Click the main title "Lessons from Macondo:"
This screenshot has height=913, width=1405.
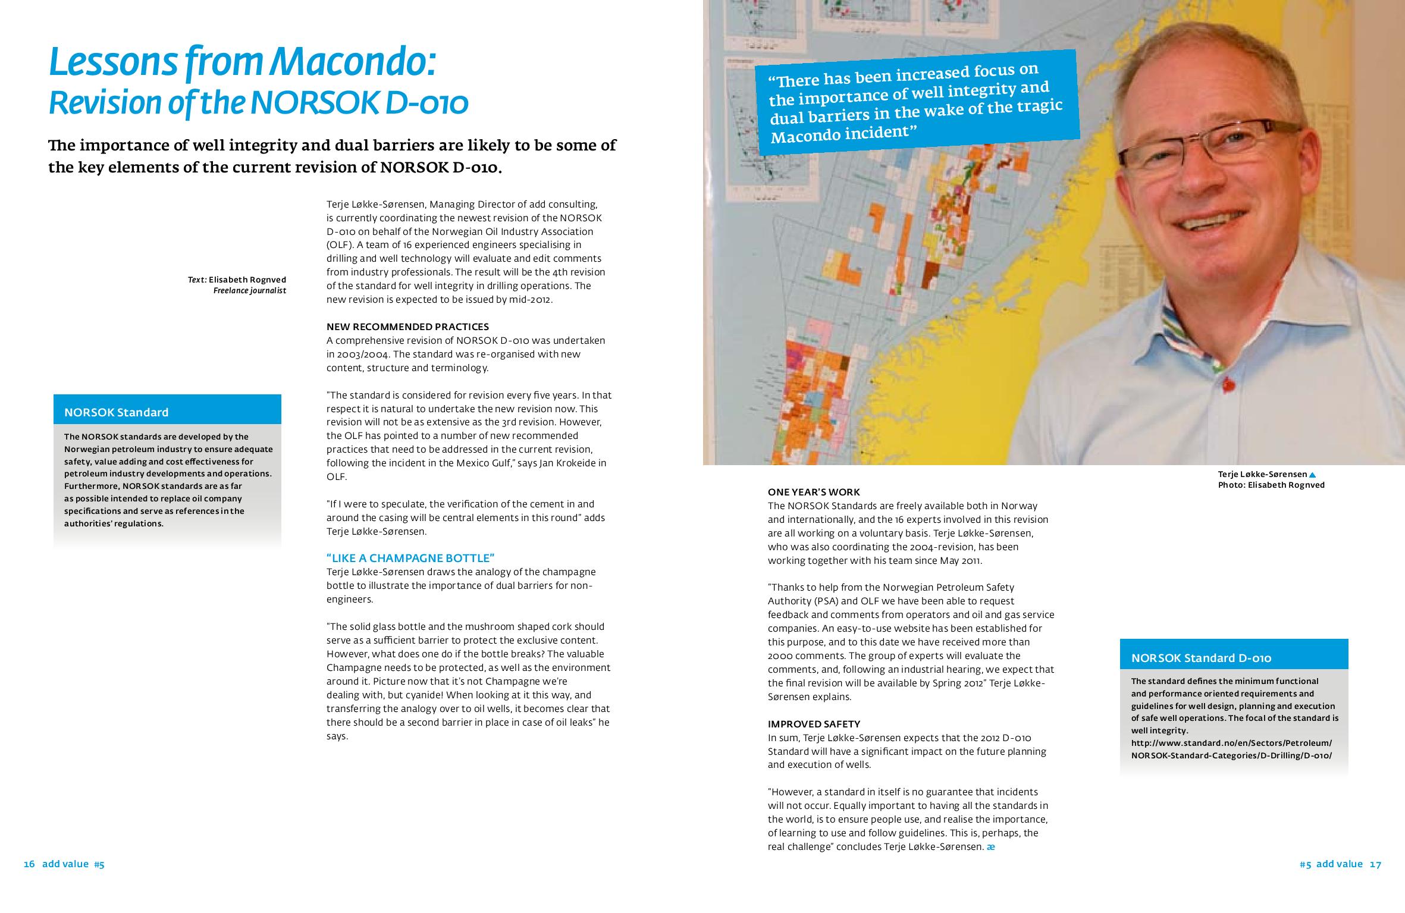243,64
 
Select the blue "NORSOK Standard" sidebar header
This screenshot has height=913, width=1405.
167,412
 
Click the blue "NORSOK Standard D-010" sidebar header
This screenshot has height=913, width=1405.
1233,657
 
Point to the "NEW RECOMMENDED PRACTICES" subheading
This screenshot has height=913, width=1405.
407,327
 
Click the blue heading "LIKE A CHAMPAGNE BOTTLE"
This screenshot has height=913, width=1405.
410,558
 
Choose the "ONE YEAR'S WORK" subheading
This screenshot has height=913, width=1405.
813,492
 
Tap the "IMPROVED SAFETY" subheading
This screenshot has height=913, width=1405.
814,724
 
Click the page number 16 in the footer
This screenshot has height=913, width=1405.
30,864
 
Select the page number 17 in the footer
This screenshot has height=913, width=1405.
1375,864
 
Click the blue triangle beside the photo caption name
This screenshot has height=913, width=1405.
1312,475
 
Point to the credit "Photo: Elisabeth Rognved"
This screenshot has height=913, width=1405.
1271,485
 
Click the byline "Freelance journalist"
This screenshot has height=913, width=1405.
250,291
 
